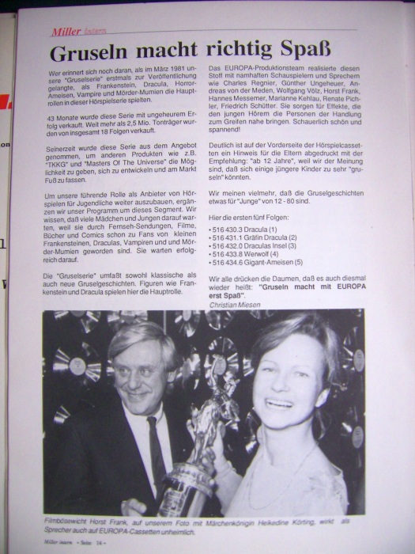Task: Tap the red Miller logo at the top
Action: pos(67,32)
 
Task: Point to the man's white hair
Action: pos(134,337)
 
